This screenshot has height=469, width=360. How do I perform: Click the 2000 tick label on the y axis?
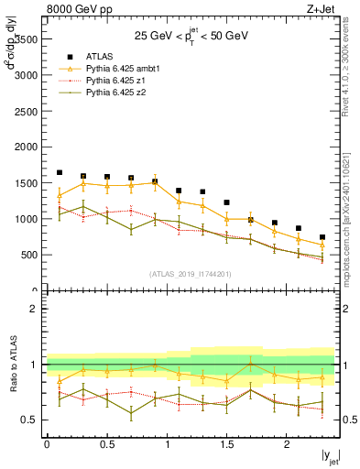[27, 147]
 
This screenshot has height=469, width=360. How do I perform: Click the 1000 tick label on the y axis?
[27, 219]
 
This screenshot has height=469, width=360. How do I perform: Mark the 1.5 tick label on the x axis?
[226, 444]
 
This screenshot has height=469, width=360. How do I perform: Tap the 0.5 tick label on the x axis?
[106, 444]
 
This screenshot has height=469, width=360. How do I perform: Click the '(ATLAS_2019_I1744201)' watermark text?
[191, 273]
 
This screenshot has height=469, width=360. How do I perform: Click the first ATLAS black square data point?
[60, 172]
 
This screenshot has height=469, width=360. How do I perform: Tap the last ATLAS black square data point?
[322, 237]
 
